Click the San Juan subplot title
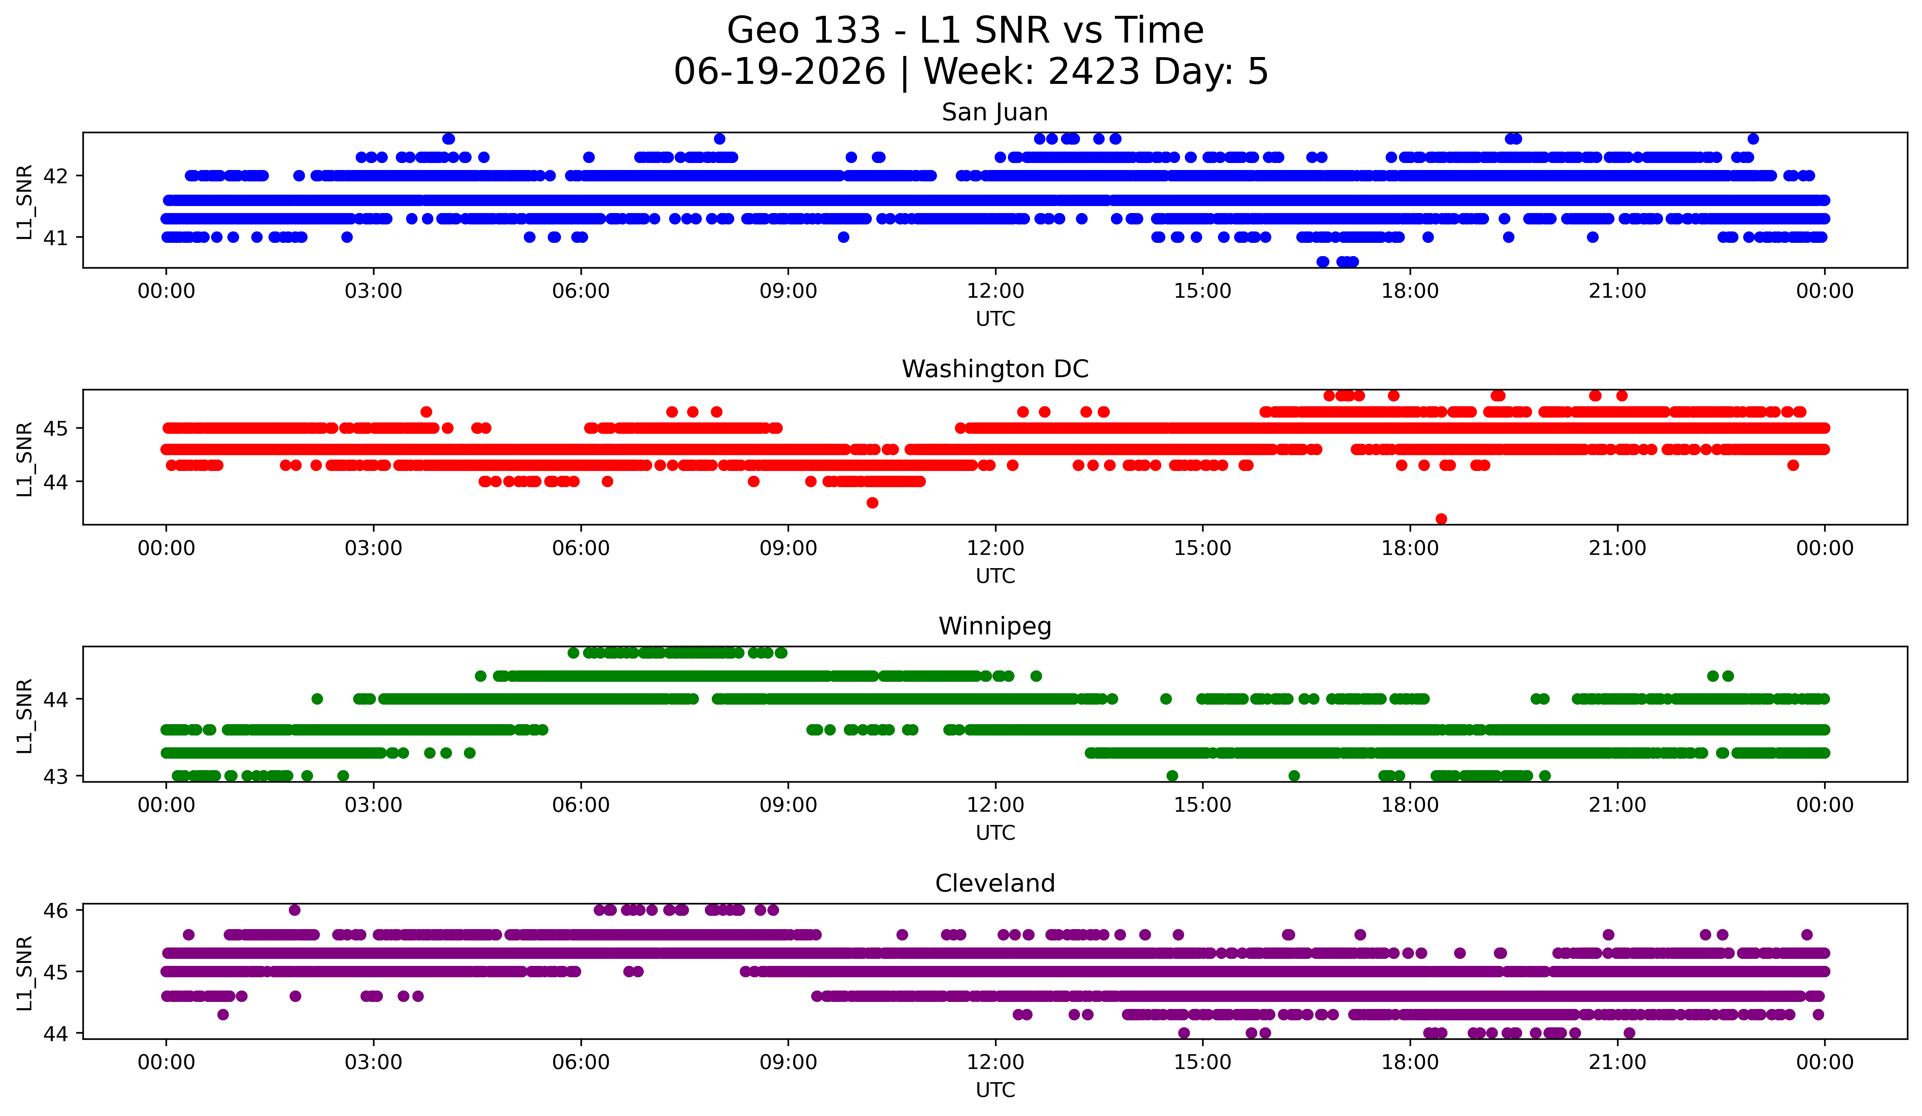coord(995,112)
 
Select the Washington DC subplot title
coord(995,369)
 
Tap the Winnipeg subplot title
coord(995,626)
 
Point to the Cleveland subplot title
coord(995,883)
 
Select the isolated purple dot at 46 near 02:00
coord(294,910)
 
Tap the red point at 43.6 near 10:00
coord(873,503)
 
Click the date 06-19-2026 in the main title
coord(779,72)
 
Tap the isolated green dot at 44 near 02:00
coord(317,699)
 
